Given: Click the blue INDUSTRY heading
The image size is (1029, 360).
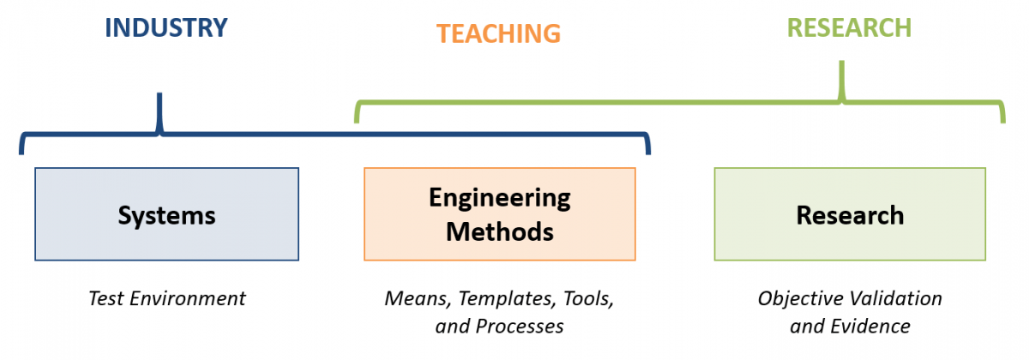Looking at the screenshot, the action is tap(166, 27).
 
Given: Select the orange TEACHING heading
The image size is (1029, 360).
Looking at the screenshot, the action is tap(498, 33).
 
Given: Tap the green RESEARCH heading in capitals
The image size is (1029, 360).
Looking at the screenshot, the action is tap(850, 27).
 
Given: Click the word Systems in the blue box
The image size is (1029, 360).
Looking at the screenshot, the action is tap(166, 215).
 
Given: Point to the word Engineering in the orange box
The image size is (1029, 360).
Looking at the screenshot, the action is tap(500, 199).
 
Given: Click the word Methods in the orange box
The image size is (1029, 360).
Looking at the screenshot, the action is tap(500, 231).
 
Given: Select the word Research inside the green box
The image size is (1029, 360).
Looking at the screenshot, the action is tap(851, 215).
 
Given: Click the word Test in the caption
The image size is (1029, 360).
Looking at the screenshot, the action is tap(105, 298).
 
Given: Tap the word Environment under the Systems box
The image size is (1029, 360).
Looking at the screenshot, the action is tap(188, 298).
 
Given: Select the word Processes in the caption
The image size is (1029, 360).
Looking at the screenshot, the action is tap(520, 327).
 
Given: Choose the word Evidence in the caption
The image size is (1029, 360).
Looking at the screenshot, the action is tap(870, 327).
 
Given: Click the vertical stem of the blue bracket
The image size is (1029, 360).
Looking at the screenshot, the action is tap(159, 112).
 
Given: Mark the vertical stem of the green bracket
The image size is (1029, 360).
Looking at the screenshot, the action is tap(841, 80).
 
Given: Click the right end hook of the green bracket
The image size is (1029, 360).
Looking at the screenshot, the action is tap(1002, 112).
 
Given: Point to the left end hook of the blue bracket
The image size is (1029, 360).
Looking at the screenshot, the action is tap(22, 144).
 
